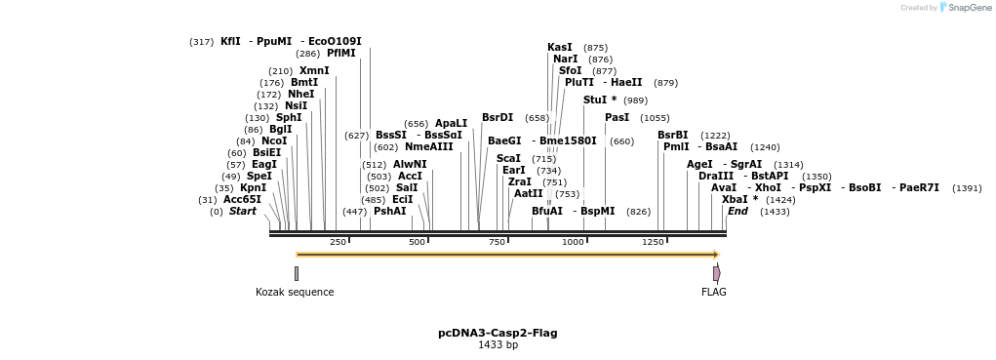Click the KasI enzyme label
[x=559, y=47]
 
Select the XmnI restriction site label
[x=314, y=70]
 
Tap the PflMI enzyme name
[x=340, y=53]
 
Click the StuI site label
[x=600, y=100]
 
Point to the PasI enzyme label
[x=617, y=117]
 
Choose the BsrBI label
[x=672, y=135]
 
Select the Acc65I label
[x=242, y=199]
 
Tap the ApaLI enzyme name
[x=451, y=123]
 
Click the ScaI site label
[x=508, y=158]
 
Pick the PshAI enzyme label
[x=389, y=211]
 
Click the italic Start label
[x=242, y=211]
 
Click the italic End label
[x=737, y=211]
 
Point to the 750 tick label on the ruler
[x=496, y=242]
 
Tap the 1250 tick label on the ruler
[x=653, y=242]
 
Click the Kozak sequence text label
[x=295, y=292]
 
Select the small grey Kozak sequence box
[x=297, y=273]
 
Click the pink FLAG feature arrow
[x=716, y=273]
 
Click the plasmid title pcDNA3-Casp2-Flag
[x=498, y=333]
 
